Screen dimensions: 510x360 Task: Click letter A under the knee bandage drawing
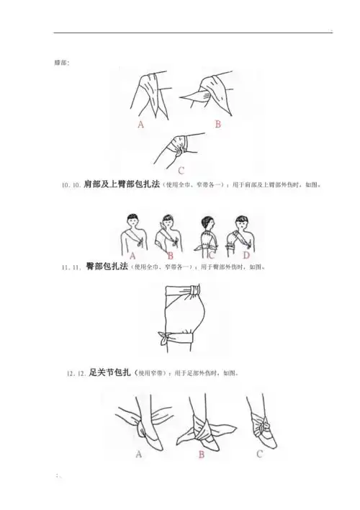(140, 123)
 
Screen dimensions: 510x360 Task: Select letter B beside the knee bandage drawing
(217, 124)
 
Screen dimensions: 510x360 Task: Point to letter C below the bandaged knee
(181, 171)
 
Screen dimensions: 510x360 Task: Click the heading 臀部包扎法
(107, 267)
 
